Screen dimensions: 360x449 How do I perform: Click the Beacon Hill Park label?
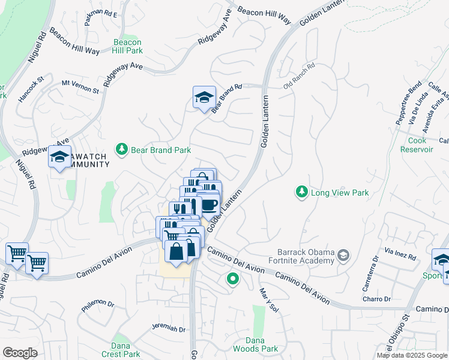pyautogui.click(x=127, y=47)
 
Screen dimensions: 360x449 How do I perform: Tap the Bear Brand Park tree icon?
pyautogui.click(x=122, y=149)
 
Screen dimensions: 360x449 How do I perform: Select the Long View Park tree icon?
pyautogui.click(x=301, y=192)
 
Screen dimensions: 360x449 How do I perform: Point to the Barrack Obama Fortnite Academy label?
pyautogui.click(x=305, y=256)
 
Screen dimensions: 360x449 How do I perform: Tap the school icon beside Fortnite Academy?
pyautogui.click(x=343, y=256)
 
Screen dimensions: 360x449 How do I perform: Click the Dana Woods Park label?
pyautogui.click(x=262, y=344)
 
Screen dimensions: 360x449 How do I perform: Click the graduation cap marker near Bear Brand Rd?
pyautogui.click(x=204, y=98)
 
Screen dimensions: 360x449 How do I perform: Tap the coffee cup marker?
pyautogui.click(x=208, y=205)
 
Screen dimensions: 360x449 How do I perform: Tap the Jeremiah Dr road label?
pyautogui.click(x=169, y=328)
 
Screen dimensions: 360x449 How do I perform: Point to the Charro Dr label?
pyautogui.click(x=376, y=299)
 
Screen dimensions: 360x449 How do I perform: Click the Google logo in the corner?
pyautogui.click(x=20, y=353)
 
